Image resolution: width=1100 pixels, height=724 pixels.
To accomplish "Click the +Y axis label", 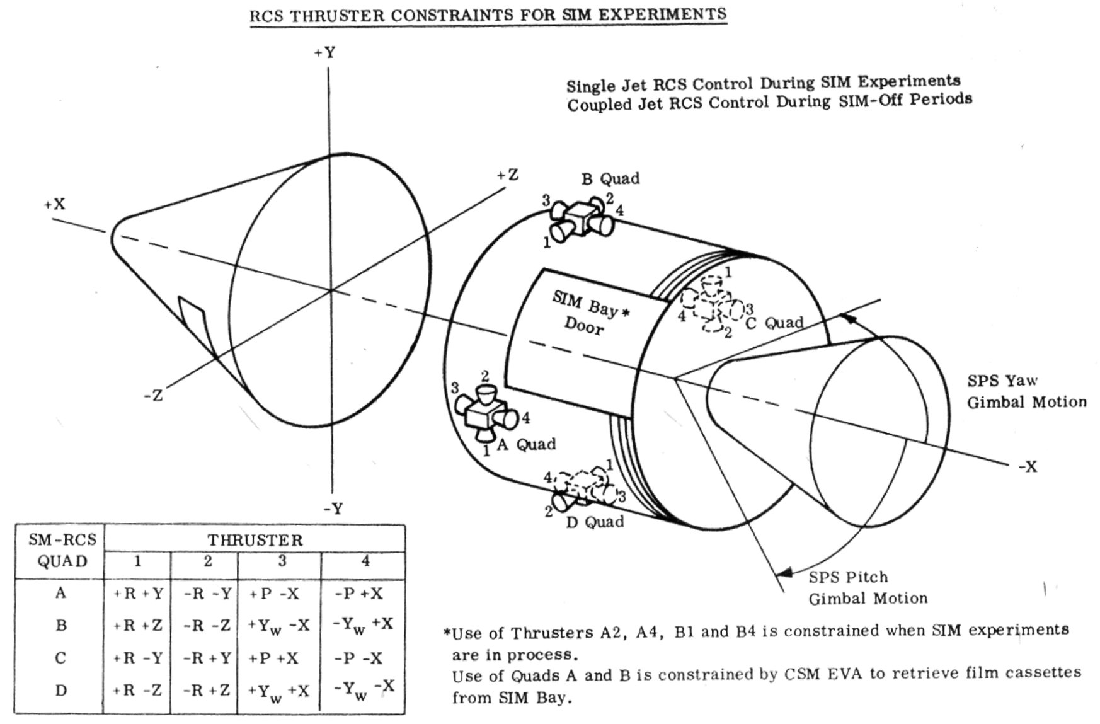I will point(325,53).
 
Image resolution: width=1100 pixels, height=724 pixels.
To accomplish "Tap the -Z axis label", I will point(153,396).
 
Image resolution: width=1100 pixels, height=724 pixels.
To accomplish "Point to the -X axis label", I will point(1027,467).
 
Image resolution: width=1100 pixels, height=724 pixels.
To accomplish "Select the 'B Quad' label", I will point(610,179).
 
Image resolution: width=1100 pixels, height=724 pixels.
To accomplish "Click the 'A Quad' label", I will point(526,445).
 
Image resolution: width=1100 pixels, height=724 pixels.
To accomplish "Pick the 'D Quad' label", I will point(595,522).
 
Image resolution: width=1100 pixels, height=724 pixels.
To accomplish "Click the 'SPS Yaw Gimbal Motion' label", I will point(1026,391).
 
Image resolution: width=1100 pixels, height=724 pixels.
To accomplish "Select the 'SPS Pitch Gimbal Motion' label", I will point(867,588).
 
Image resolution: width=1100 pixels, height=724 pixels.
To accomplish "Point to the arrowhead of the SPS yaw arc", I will point(850,319).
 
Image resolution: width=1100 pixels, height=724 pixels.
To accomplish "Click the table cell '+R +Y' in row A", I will point(137,594).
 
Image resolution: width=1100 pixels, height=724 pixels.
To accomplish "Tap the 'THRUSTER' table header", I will point(255,541).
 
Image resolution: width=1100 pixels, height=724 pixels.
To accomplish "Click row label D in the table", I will point(60,691).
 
